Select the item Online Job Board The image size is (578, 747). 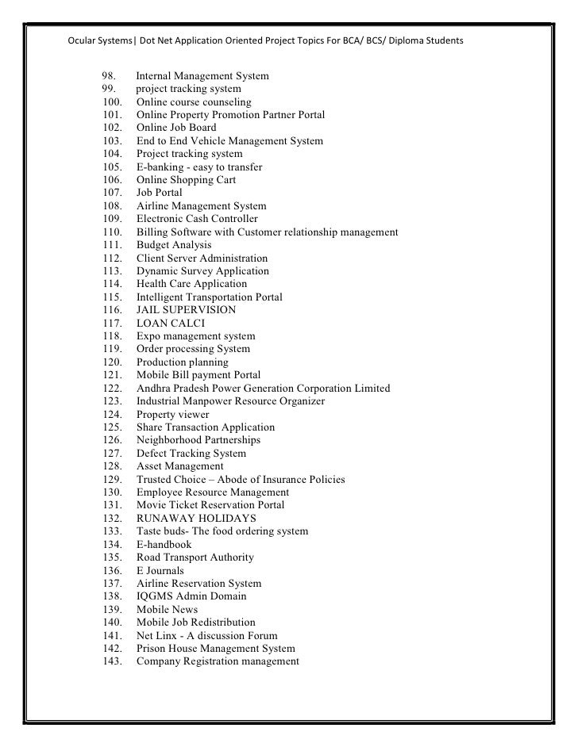click(175, 128)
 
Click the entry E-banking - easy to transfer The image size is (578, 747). click(199, 167)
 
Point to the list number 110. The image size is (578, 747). click(114, 232)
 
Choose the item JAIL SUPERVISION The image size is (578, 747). click(186, 310)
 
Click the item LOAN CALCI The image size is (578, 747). click(171, 323)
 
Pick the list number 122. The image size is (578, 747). click(114, 389)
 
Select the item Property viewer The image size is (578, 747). click(172, 414)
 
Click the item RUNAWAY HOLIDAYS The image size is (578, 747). click(196, 518)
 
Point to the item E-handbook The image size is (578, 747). click(164, 544)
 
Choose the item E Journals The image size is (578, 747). click(160, 570)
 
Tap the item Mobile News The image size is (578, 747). click(167, 609)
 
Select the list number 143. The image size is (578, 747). click(114, 661)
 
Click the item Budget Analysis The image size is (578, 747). click(174, 245)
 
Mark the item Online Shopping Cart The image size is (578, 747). click(186, 180)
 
